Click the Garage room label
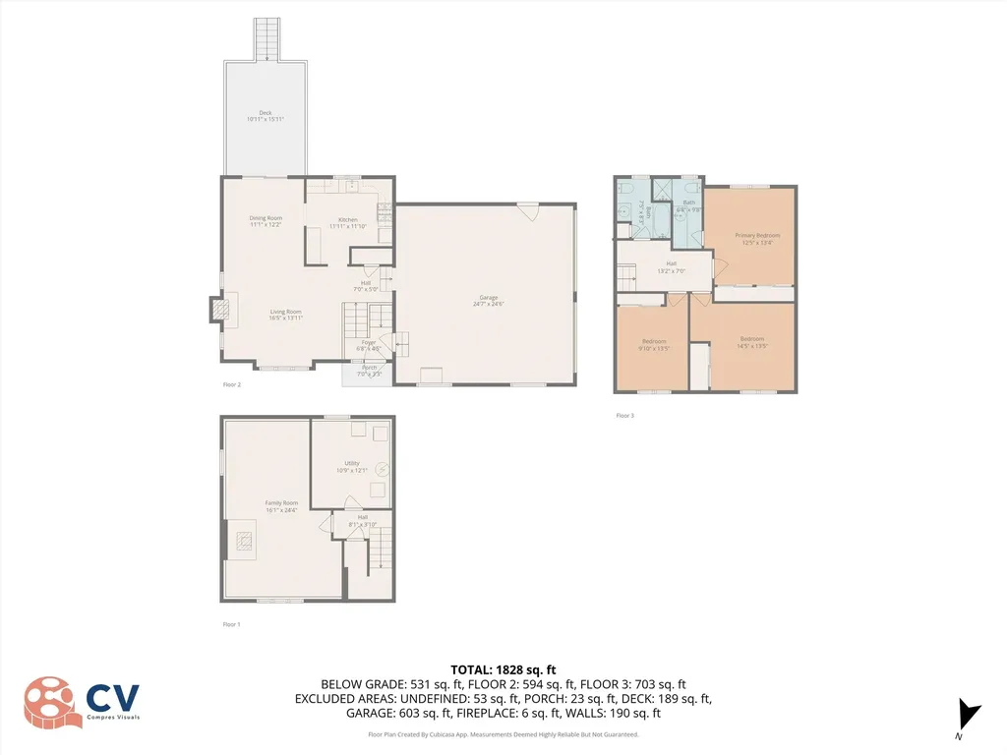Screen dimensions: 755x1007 click(487, 301)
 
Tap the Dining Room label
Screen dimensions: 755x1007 click(266, 221)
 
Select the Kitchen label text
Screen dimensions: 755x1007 click(348, 222)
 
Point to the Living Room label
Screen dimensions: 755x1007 click(285, 315)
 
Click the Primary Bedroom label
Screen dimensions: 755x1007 click(757, 239)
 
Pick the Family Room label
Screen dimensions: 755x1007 click(280, 506)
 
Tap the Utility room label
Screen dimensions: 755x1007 click(352, 466)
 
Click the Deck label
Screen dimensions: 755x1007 click(265, 116)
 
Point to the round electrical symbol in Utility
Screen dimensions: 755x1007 click(381, 469)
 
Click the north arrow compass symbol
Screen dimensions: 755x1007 click(969, 714)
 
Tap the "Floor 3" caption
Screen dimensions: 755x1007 click(624, 416)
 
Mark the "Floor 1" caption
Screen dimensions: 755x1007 click(231, 624)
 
